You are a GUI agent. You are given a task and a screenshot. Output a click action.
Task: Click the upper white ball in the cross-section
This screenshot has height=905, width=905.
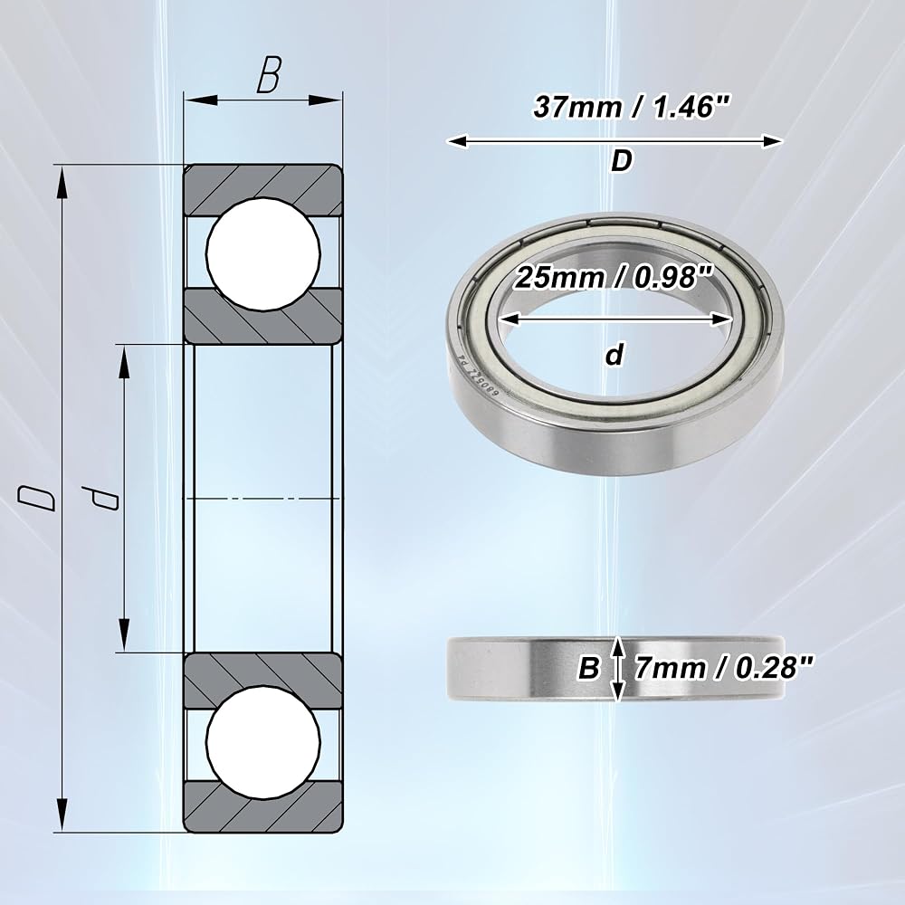pos(263,254)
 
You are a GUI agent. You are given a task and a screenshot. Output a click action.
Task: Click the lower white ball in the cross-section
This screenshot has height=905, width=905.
pos(263,742)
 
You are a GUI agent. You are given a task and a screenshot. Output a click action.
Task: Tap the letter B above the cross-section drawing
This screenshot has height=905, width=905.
pos(269,74)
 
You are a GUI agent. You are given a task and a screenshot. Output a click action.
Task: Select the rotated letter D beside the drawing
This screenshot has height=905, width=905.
pos(37,498)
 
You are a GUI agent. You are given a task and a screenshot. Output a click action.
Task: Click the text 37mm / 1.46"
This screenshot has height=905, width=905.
pos(632,107)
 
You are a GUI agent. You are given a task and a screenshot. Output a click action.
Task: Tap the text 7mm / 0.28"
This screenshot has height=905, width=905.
pos(724,669)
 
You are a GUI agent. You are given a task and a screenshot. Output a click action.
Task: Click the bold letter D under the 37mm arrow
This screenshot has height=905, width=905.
pos(622,161)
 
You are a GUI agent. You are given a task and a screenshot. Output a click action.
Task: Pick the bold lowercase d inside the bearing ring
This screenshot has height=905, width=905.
pos(615,355)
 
